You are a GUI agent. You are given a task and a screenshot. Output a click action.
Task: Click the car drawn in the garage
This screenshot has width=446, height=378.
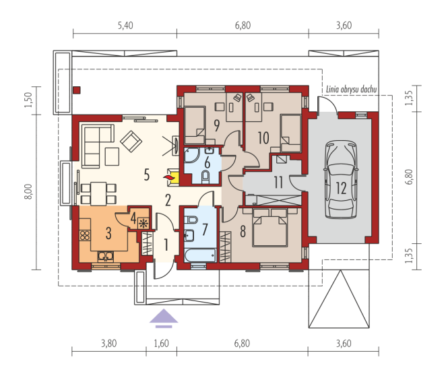point(340,180)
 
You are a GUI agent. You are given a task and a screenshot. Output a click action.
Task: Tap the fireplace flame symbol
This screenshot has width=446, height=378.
point(168,178)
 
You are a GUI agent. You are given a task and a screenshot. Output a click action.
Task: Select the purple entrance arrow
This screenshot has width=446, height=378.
point(164,318)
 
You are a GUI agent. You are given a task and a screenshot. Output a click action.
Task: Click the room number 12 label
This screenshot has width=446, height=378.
point(341,188)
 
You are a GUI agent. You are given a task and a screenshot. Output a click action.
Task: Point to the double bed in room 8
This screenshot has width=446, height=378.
point(269,228)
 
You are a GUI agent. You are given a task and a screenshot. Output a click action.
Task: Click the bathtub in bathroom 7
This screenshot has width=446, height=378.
point(200,255)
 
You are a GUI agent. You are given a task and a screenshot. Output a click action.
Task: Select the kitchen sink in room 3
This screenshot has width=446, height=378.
point(106,256)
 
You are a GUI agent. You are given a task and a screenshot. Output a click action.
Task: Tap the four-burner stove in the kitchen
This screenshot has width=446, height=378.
point(85,236)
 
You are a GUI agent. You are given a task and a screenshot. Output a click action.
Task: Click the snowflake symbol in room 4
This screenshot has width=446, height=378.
point(143,223)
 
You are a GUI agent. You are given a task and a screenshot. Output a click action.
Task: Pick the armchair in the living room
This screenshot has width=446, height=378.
point(131,141)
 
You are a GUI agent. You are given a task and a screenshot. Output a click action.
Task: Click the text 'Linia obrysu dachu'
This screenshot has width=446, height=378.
point(351,90)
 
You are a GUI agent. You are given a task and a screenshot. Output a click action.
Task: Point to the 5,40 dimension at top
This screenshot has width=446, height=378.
point(125,26)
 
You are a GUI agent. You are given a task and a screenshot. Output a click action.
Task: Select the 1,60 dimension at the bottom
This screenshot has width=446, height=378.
point(161,344)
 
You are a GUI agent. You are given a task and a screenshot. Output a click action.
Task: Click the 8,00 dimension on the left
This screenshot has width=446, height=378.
point(29,191)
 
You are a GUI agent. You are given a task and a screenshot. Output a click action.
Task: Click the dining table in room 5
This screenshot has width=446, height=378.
point(98,193)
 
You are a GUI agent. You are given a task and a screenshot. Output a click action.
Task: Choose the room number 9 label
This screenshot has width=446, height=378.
point(217,125)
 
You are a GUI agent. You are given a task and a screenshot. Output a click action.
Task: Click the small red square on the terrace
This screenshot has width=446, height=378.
point(77,90)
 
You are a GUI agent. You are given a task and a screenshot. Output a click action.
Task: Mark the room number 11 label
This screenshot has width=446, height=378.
point(278,183)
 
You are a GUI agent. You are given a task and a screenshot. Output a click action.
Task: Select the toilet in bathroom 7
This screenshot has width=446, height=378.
point(191,220)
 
